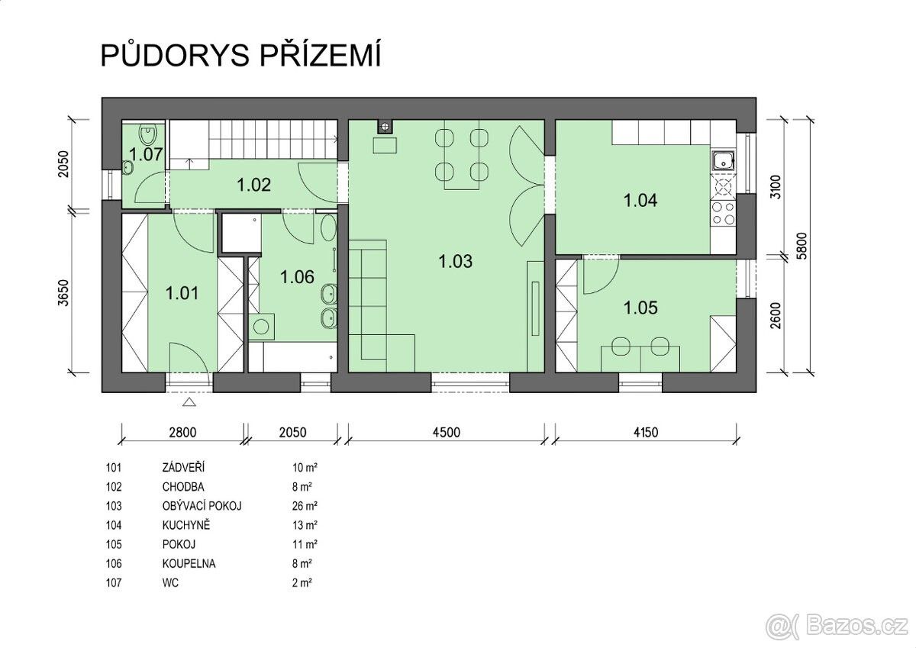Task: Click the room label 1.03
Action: click(455, 261)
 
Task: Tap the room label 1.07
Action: click(146, 154)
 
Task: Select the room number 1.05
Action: click(640, 308)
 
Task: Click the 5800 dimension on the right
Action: click(803, 246)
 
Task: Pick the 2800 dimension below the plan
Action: click(182, 432)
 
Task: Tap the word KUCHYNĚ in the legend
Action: click(186, 524)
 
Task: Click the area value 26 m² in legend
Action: click(305, 506)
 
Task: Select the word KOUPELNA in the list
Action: click(189, 563)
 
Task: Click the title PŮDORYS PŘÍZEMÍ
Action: click(241, 55)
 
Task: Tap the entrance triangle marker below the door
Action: click(189, 402)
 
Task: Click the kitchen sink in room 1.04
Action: click(724, 161)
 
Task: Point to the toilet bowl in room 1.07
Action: click(147, 134)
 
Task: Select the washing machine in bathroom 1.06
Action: click(261, 326)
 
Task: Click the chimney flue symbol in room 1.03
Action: click(384, 127)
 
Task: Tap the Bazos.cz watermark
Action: click(835, 626)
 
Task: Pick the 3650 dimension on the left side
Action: click(63, 293)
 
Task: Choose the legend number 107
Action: click(114, 582)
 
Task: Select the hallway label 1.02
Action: click(254, 185)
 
